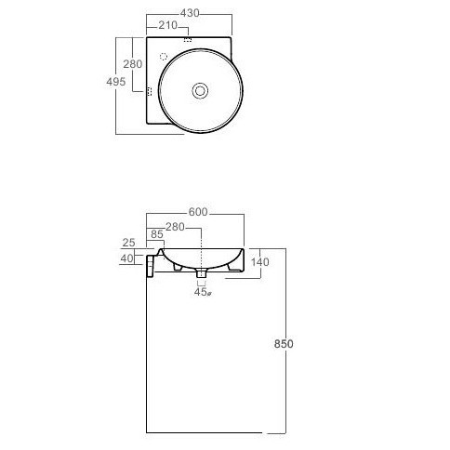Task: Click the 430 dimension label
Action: point(190,13)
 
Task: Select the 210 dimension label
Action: point(167,25)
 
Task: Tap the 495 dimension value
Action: point(116,82)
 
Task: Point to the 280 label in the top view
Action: point(133,64)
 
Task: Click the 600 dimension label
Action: point(198,212)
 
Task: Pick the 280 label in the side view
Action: point(175,227)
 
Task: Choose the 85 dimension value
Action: point(157,234)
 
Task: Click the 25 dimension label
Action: point(129,243)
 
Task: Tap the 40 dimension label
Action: point(126,258)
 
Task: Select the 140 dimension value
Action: point(259,262)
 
